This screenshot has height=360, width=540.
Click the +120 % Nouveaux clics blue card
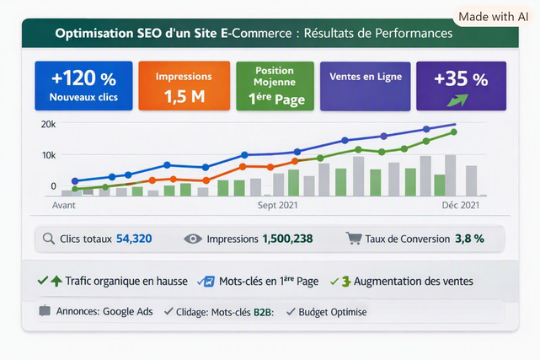tap(83, 86)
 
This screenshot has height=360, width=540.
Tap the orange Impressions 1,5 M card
tap(184, 86)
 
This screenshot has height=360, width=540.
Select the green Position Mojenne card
tap(275, 86)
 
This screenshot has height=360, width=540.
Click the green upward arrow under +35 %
tap(457, 100)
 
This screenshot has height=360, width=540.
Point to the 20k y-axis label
tap(48, 125)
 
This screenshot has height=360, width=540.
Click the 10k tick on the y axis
tap(49, 155)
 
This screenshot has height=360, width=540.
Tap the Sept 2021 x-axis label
tap(277, 206)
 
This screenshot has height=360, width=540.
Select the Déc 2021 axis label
tap(461, 206)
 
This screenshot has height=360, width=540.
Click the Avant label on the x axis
tap(64, 206)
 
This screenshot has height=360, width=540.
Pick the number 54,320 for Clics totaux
tap(134, 239)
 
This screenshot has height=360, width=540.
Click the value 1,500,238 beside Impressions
tap(287, 239)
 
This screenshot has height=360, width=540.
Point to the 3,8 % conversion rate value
tap(470, 239)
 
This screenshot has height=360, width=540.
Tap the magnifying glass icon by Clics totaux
tap(49, 239)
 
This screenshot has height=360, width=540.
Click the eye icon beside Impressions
tap(193, 239)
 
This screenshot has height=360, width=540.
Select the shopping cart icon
tap(354, 239)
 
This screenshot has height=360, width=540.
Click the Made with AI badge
tap(493, 17)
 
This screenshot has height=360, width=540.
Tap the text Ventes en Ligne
tap(366, 77)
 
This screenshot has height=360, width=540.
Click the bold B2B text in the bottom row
tap(263, 313)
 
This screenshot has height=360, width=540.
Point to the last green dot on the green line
tap(454, 132)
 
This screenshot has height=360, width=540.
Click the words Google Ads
tap(128, 311)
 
